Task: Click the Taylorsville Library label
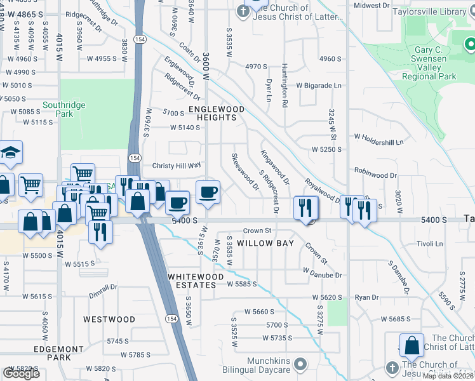(x=438, y=12)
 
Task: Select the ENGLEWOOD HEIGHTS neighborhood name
(x=216, y=113)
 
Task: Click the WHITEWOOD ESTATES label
(x=196, y=281)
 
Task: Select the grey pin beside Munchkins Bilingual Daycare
(x=301, y=364)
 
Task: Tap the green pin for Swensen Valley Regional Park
(x=470, y=44)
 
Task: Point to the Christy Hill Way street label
(x=176, y=166)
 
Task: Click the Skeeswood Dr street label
(x=245, y=171)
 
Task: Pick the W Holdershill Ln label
(x=378, y=142)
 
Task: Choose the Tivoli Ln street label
(x=429, y=244)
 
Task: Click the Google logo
(x=21, y=373)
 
